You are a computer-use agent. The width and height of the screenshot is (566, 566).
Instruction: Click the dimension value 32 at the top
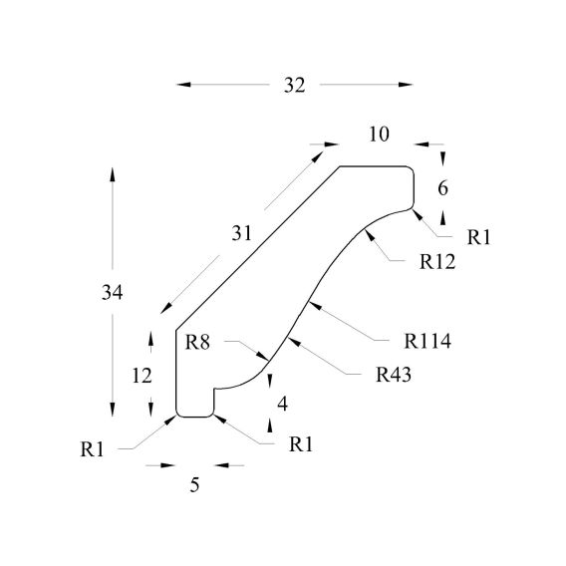coord(294,86)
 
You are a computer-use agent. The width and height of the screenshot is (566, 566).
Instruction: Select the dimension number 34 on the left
coord(112,292)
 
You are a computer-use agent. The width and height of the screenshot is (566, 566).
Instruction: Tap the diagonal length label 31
coord(241,233)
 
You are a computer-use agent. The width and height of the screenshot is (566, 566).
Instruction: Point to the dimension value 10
coord(379,135)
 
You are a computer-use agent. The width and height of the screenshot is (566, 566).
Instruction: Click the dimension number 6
coord(442,188)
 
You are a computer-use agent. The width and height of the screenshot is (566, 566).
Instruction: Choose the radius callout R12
coord(437,262)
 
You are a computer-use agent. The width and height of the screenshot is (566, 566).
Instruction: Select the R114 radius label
coord(427,341)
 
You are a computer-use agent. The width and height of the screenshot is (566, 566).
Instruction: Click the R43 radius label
coord(394,375)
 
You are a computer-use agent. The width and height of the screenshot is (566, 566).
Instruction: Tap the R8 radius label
coord(197,342)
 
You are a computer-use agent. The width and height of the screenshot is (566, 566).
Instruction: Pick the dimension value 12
coord(141,376)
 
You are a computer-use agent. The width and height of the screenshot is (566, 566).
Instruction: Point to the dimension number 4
coord(283,404)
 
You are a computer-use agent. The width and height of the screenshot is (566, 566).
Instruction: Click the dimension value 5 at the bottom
coord(194,484)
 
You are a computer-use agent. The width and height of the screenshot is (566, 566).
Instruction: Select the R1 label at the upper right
coord(479,237)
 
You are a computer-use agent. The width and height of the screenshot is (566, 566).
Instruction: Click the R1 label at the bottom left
coord(92,449)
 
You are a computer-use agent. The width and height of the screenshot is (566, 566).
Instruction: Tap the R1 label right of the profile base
coord(301,444)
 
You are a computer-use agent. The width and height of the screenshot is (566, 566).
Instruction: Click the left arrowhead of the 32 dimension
coord(183,85)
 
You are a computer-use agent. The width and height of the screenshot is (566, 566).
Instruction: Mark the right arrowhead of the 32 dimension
coord(406,85)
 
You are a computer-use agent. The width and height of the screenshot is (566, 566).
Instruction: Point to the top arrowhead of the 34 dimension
coord(113,174)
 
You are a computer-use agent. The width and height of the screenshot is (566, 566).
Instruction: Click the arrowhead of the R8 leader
coord(263,357)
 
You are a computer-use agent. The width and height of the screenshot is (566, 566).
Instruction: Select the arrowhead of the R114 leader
coord(315,305)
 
